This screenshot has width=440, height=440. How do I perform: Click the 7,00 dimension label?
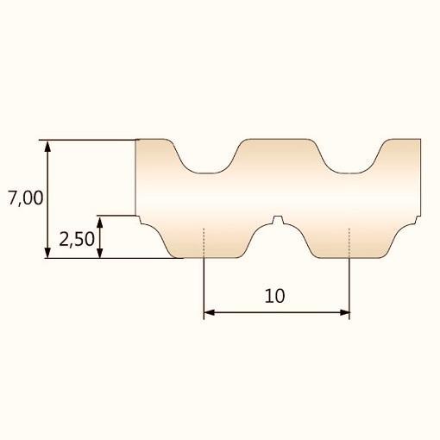coord(26,198)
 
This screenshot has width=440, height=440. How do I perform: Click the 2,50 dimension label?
coord(77,239)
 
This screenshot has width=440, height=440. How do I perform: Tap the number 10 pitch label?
coord(274,296)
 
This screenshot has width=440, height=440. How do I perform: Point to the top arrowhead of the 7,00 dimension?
coord(47,147)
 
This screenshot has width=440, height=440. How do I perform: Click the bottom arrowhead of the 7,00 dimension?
coord(47,252)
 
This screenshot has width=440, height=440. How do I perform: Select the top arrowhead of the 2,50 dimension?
coord(100,222)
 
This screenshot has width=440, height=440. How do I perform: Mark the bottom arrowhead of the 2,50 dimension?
coord(100,252)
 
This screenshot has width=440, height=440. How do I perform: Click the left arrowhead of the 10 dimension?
coord(210,312)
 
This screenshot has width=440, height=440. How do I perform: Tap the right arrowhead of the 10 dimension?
coord(344,312)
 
